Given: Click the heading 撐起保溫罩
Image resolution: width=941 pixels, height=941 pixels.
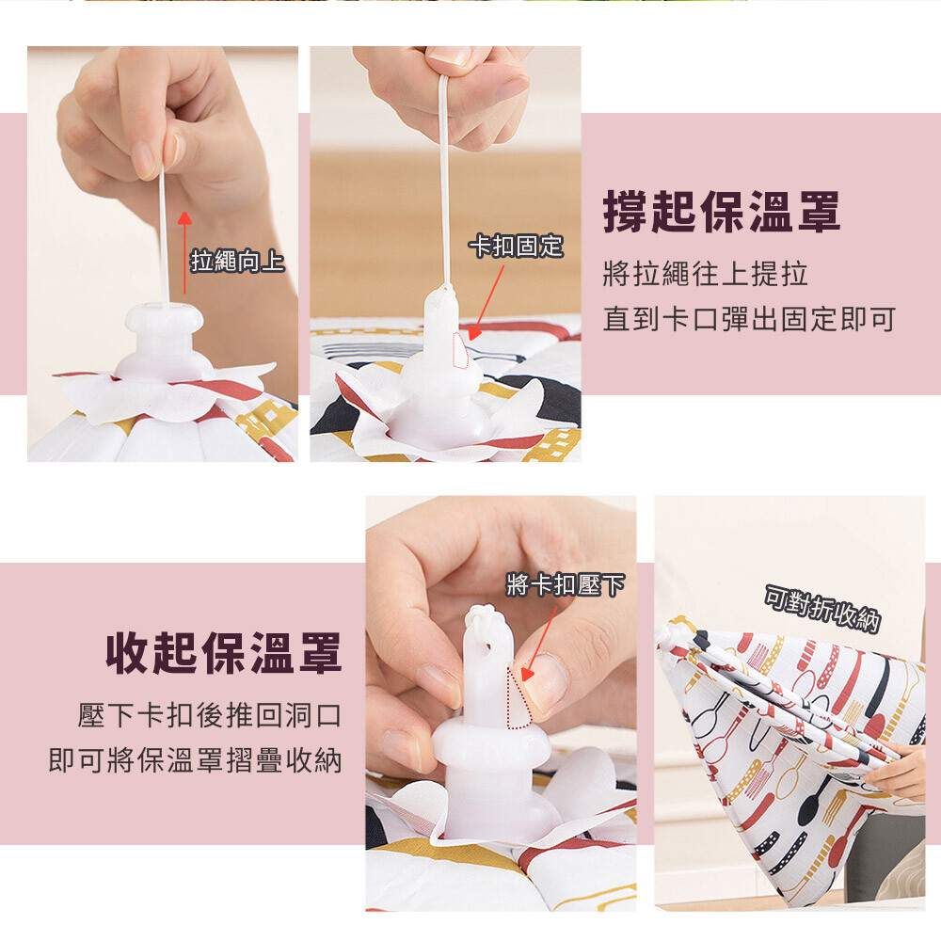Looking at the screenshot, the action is [x=722, y=212].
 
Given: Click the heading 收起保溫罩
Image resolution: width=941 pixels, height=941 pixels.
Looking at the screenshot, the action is [x=224, y=653].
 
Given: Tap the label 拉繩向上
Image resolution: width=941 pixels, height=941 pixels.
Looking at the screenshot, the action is [x=237, y=261].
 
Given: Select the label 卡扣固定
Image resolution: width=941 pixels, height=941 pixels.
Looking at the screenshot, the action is [x=516, y=246].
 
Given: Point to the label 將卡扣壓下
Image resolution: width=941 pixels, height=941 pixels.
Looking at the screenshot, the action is [x=566, y=584].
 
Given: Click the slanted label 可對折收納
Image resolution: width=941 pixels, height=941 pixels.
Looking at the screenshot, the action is [x=822, y=609].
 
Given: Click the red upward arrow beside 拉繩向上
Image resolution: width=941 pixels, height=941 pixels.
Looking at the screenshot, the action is [x=184, y=252].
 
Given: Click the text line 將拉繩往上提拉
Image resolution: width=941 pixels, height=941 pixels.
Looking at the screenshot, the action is [x=706, y=274].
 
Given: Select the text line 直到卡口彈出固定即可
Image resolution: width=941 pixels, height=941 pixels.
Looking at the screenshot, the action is [x=750, y=319].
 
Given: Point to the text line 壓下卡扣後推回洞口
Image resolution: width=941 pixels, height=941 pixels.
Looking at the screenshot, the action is [x=210, y=715].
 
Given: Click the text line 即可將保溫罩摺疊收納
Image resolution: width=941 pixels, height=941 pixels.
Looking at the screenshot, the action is [x=195, y=760].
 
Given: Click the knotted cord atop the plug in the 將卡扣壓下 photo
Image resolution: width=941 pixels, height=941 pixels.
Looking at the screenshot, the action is [x=480, y=618].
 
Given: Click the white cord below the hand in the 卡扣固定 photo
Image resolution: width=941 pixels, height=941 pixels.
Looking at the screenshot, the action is [x=445, y=180].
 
